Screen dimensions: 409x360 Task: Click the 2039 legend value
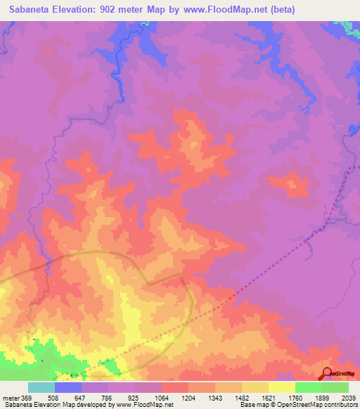tap(348, 397)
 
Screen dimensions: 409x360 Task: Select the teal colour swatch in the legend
tap(41, 387)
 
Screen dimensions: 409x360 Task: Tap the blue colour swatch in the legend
tap(68, 387)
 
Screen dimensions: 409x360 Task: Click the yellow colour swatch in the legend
tap(282, 387)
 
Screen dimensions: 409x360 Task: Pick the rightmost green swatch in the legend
tap(335, 387)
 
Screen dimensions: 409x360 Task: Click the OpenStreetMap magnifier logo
tap(327, 373)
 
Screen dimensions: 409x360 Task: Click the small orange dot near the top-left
tap(48, 49)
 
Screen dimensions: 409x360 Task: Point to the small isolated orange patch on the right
tap(291, 184)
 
